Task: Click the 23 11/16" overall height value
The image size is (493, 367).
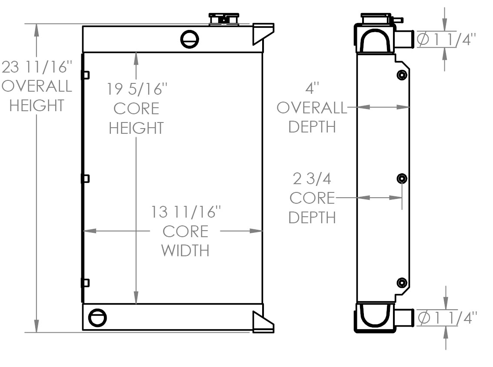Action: tap(37, 67)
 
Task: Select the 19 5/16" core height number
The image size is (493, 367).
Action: tap(137, 89)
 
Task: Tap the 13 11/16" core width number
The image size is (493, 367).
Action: tap(186, 212)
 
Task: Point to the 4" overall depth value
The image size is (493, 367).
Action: tap(312, 89)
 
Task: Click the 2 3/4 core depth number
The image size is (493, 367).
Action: tap(311, 179)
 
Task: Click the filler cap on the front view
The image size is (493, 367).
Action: tap(224, 19)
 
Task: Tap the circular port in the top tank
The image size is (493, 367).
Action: tap(190, 40)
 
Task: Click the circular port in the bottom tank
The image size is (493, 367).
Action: tap(97, 317)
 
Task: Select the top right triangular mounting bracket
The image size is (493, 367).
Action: tap(263, 33)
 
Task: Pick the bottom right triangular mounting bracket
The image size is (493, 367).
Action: tap(263, 322)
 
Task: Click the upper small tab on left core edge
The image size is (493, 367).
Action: tap(86, 75)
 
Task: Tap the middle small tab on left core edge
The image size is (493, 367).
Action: tap(86, 179)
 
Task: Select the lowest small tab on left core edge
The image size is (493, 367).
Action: tap(86, 283)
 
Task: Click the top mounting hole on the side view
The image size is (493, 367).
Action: tap(402, 76)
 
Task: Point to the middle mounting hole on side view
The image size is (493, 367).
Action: tap(402, 179)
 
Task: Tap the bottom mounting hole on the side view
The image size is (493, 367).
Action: tap(402, 283)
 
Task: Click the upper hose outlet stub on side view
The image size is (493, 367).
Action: tap(404, 39)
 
